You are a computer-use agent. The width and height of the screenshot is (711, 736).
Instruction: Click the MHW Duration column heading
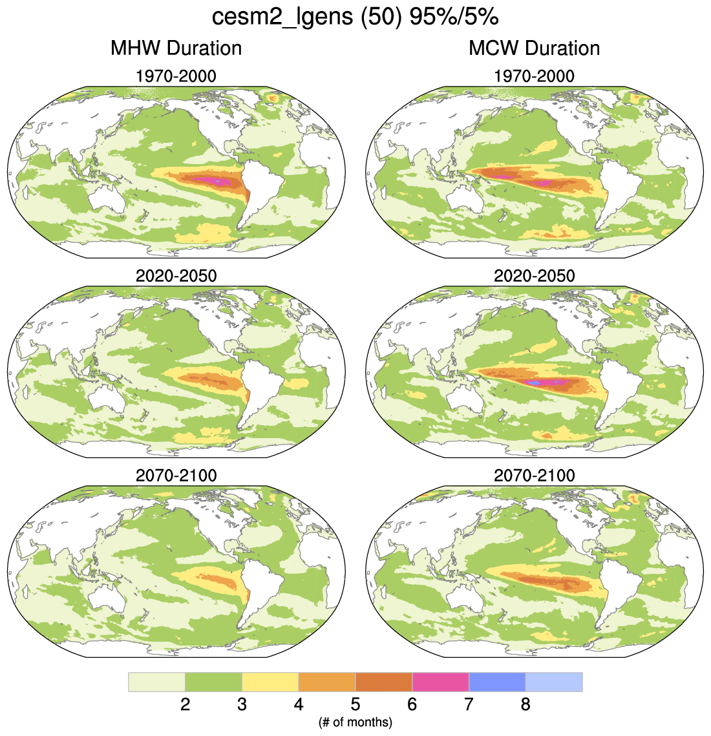coord(176,48)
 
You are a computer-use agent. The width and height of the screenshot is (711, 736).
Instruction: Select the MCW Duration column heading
coord(534,48)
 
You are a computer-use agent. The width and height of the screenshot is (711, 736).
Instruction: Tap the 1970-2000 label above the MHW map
coord(176,76)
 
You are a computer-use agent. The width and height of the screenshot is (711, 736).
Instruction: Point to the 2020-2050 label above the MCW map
coord(534,276)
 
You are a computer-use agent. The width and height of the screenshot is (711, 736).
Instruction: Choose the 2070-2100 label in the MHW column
coord(176,476)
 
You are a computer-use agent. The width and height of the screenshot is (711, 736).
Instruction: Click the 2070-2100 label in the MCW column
coord(534,476)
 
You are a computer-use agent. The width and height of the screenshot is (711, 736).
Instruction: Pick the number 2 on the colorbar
coord(186,704)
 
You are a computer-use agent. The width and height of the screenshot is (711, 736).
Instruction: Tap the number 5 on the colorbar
coord(355,704)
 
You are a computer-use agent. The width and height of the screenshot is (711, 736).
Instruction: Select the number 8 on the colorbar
coord(525,704)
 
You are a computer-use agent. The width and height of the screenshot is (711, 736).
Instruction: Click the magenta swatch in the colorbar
coord(440,682)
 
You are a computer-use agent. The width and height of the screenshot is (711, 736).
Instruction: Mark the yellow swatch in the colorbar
coord(270,682)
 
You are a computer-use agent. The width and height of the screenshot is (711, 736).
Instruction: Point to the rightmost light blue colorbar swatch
coord(554,682)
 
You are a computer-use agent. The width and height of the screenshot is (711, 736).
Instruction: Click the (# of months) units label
coord(355,722)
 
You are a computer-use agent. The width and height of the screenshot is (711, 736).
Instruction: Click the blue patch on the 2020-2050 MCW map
coord(534,383)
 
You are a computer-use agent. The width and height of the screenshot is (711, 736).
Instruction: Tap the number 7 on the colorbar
coord(469,704)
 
